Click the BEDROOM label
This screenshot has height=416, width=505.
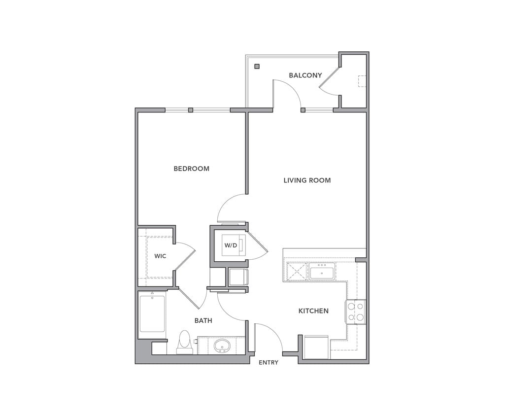click(191, 169)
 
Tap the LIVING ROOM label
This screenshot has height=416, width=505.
click(307, 180)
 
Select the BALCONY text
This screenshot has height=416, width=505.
click(305, 75)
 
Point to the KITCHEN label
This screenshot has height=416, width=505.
click(313, 311)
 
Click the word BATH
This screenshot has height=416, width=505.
click(203, 320)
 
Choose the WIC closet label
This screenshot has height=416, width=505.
click(160, 256)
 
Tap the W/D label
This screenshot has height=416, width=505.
click(231, 245)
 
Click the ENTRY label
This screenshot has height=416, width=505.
click(269, 363)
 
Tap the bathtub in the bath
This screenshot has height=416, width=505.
click(152, 314)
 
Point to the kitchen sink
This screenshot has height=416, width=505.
click(322, 272)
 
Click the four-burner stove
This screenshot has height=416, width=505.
click(355, 312)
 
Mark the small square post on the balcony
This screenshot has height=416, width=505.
click(257, 67)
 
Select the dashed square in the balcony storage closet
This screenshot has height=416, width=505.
click(362, 81)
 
